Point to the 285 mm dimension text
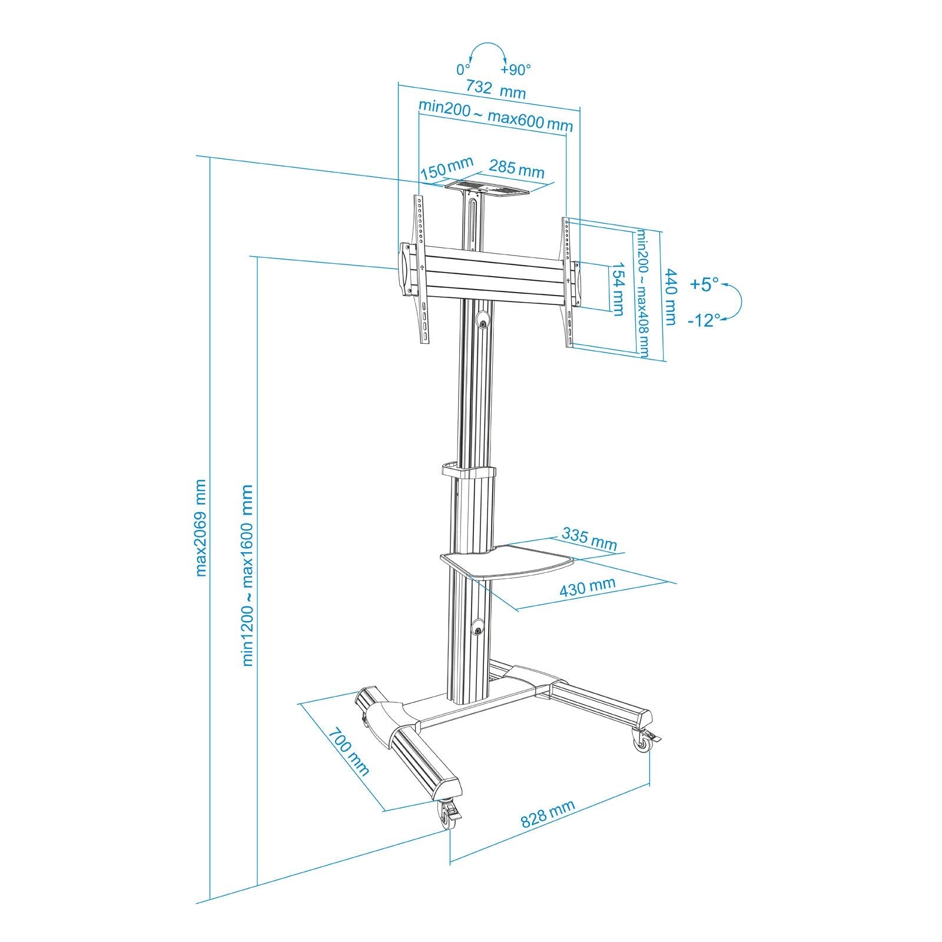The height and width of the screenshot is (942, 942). click(x=516, y=170)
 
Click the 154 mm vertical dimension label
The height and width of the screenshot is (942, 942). click(x=617, y=289)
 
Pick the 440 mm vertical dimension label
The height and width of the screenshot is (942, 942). click(x=670, y=296)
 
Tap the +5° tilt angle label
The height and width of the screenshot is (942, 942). click(x=704, y=285)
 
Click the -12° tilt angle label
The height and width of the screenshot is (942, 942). click(x=704, y=320)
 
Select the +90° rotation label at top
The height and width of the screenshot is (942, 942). click(x=516, y=69)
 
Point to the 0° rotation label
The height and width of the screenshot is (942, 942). click(x=463, y=69)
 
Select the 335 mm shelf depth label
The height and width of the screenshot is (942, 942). click(x=589, y=539)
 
